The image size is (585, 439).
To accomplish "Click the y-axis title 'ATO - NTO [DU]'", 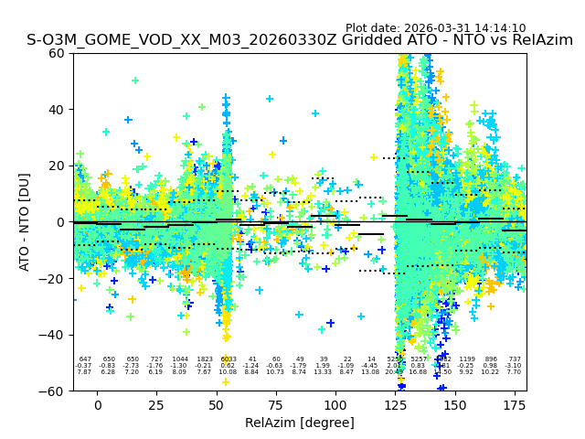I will [x=25, y=222].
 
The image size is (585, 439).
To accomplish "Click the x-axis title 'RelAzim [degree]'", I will [x=300, y=423].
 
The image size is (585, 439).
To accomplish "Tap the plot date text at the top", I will [x=435, y=28].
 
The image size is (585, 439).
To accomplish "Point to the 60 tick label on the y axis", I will [x=57, y=53].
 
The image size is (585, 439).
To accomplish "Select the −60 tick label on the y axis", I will [x=52, y=391].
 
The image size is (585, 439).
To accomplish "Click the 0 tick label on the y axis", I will [x=60, y=222].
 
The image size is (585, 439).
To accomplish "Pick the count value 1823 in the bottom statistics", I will [x=204, y=359].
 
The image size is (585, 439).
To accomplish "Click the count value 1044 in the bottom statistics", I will [x=180, y=359].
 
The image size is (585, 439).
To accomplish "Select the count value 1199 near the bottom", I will [x=467, y=359].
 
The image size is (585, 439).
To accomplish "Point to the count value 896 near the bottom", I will [x=491, y=359].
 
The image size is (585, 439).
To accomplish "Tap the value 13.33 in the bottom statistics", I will [x=323, y=372].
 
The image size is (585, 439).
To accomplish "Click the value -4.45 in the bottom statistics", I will [x=370, y=366].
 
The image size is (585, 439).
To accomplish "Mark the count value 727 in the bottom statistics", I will [x=156, y=359].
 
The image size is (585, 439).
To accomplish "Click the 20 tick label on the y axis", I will [x=57, y=166].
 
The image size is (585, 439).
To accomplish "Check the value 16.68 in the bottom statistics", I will [x=418, y=372].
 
